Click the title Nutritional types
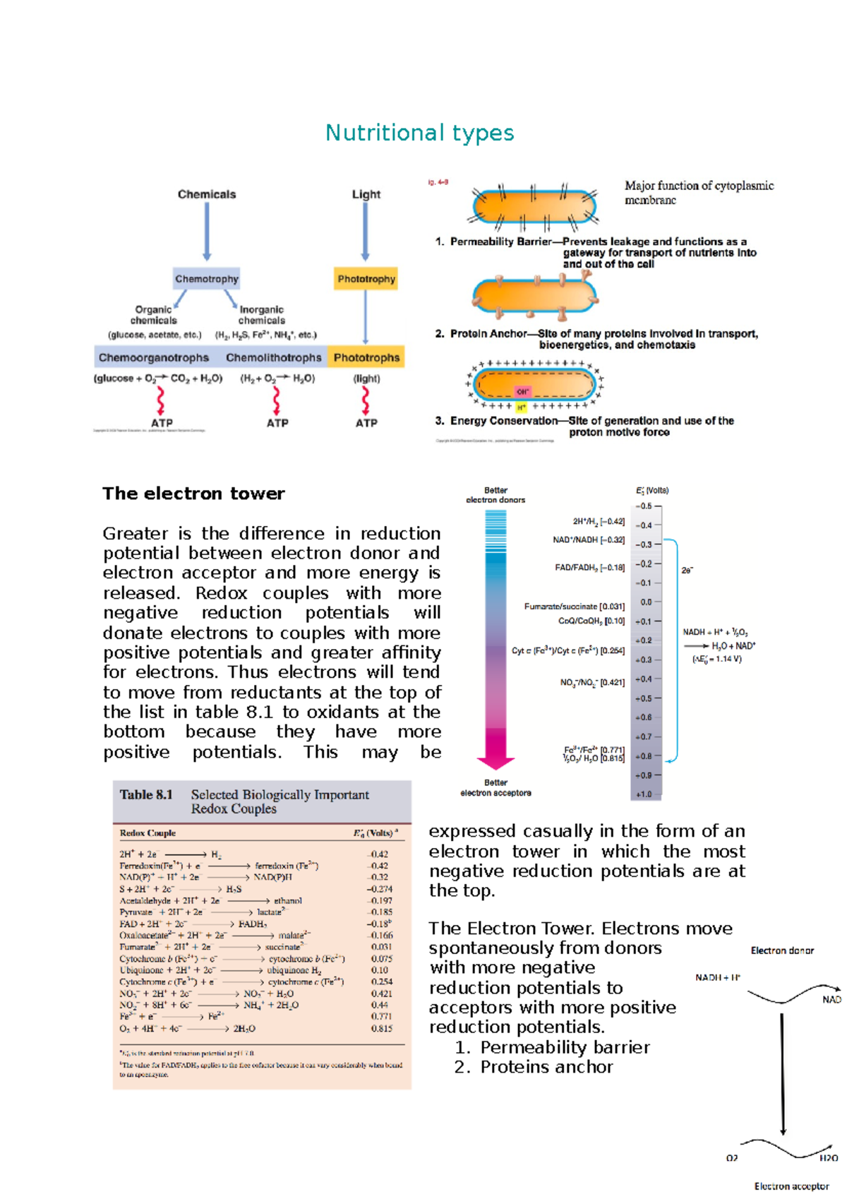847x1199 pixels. (419, 133)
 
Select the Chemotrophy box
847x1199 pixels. (207, 279)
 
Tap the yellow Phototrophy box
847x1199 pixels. (366, 279)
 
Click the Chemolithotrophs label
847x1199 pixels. (273, 357)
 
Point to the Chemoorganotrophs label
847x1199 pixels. (154, 357)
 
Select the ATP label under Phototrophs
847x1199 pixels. (366, 423)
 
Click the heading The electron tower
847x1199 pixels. (193, 494)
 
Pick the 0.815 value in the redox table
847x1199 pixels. (381, 1029)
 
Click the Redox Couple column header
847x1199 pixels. (148, 833)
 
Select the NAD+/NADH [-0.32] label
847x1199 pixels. (588, 539)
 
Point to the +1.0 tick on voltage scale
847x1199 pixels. (644, 794)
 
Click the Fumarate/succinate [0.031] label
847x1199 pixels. (574, 606)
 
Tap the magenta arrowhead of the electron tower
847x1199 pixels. (495, 762)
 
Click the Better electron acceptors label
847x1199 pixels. (495, 788)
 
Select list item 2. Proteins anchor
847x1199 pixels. (534, 1067)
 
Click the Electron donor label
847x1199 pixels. (782, 950)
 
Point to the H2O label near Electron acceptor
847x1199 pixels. (828, 1158)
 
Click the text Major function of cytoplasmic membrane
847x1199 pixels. (698, 193)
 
